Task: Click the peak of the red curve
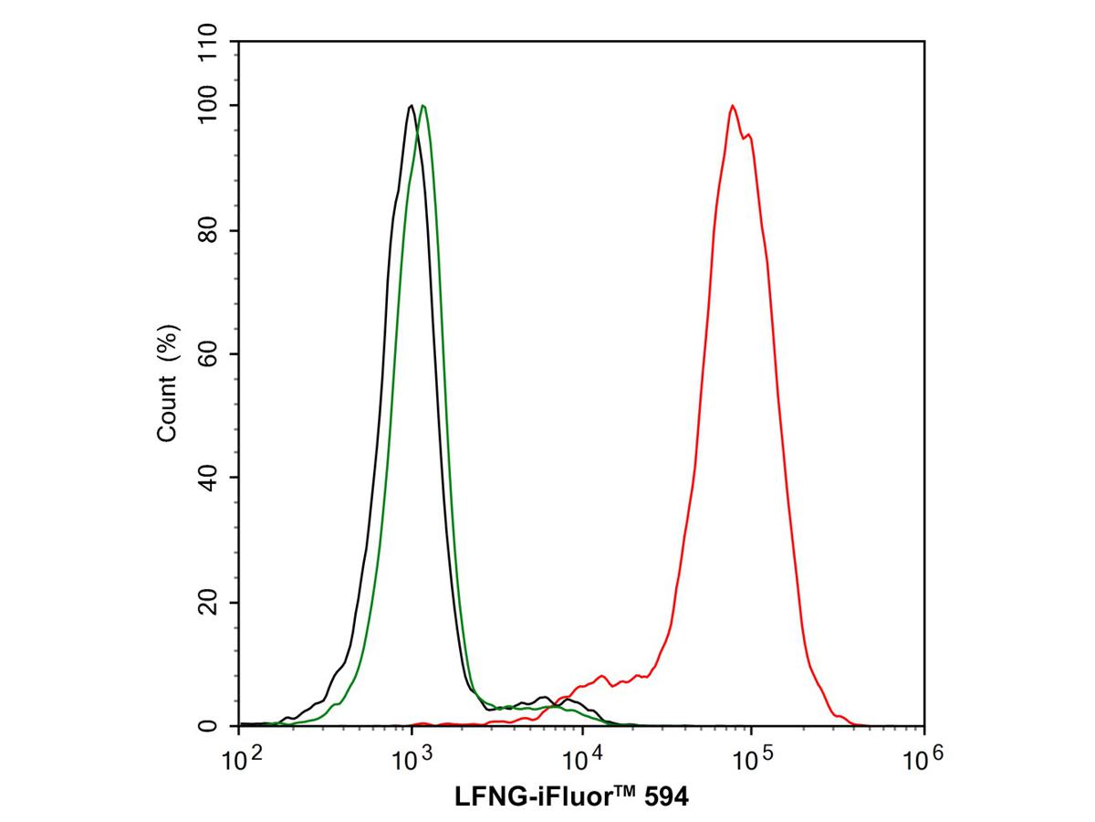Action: click(x=732, y=106)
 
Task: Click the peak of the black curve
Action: click(x=412, y=106)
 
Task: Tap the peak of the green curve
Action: click(x=423, y=106)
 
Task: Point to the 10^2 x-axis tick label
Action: click(x=239, y=755)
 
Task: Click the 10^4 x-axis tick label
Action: click(x=581, y=755)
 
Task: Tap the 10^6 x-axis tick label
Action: click(x=923, y=755)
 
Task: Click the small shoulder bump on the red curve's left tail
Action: click(x=601, y=677)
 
